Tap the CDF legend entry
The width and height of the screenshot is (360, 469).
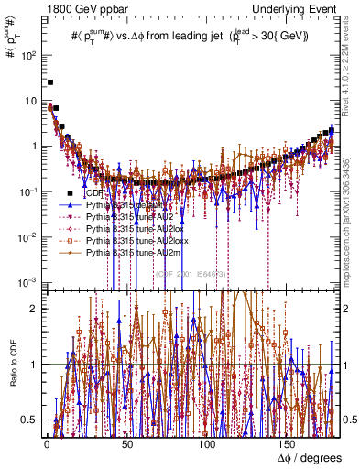coord(92,193)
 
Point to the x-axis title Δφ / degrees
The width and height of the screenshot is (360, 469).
coord(310,456)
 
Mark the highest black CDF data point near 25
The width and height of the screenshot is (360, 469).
coord(50,82)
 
